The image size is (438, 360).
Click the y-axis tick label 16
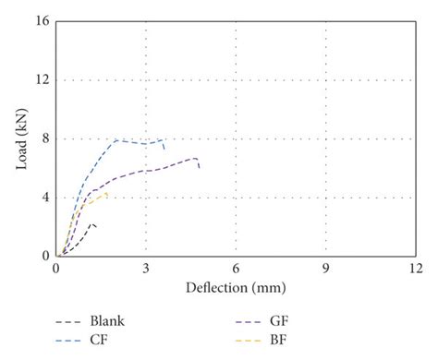[x=41, y=20]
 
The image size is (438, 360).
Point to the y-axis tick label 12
[x=41, y=79]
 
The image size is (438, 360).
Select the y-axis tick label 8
[x=43, y=138]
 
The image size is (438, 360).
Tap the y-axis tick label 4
[x=43, y=197]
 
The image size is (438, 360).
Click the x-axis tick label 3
[x=146, y=268]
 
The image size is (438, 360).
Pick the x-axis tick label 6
[x=236, y=268]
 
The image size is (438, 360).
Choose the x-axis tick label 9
[x=325, y=268]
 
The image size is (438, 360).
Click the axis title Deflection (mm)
[x=236, y=287]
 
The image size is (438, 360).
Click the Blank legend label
[x=106, y=321]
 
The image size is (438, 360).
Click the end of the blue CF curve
[x=164, y=148]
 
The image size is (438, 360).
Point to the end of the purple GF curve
[x=199, y=168]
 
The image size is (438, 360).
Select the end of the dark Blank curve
[x=95, y=225]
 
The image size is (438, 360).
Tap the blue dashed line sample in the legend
[x=67, y=339]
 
